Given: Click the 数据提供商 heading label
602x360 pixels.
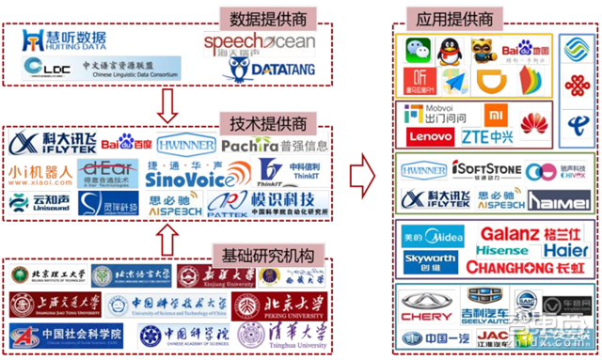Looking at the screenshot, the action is [x=257, y=18].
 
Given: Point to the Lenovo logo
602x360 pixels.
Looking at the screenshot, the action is [x=424, y=136].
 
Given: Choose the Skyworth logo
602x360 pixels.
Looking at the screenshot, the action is [x=429, y=258].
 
